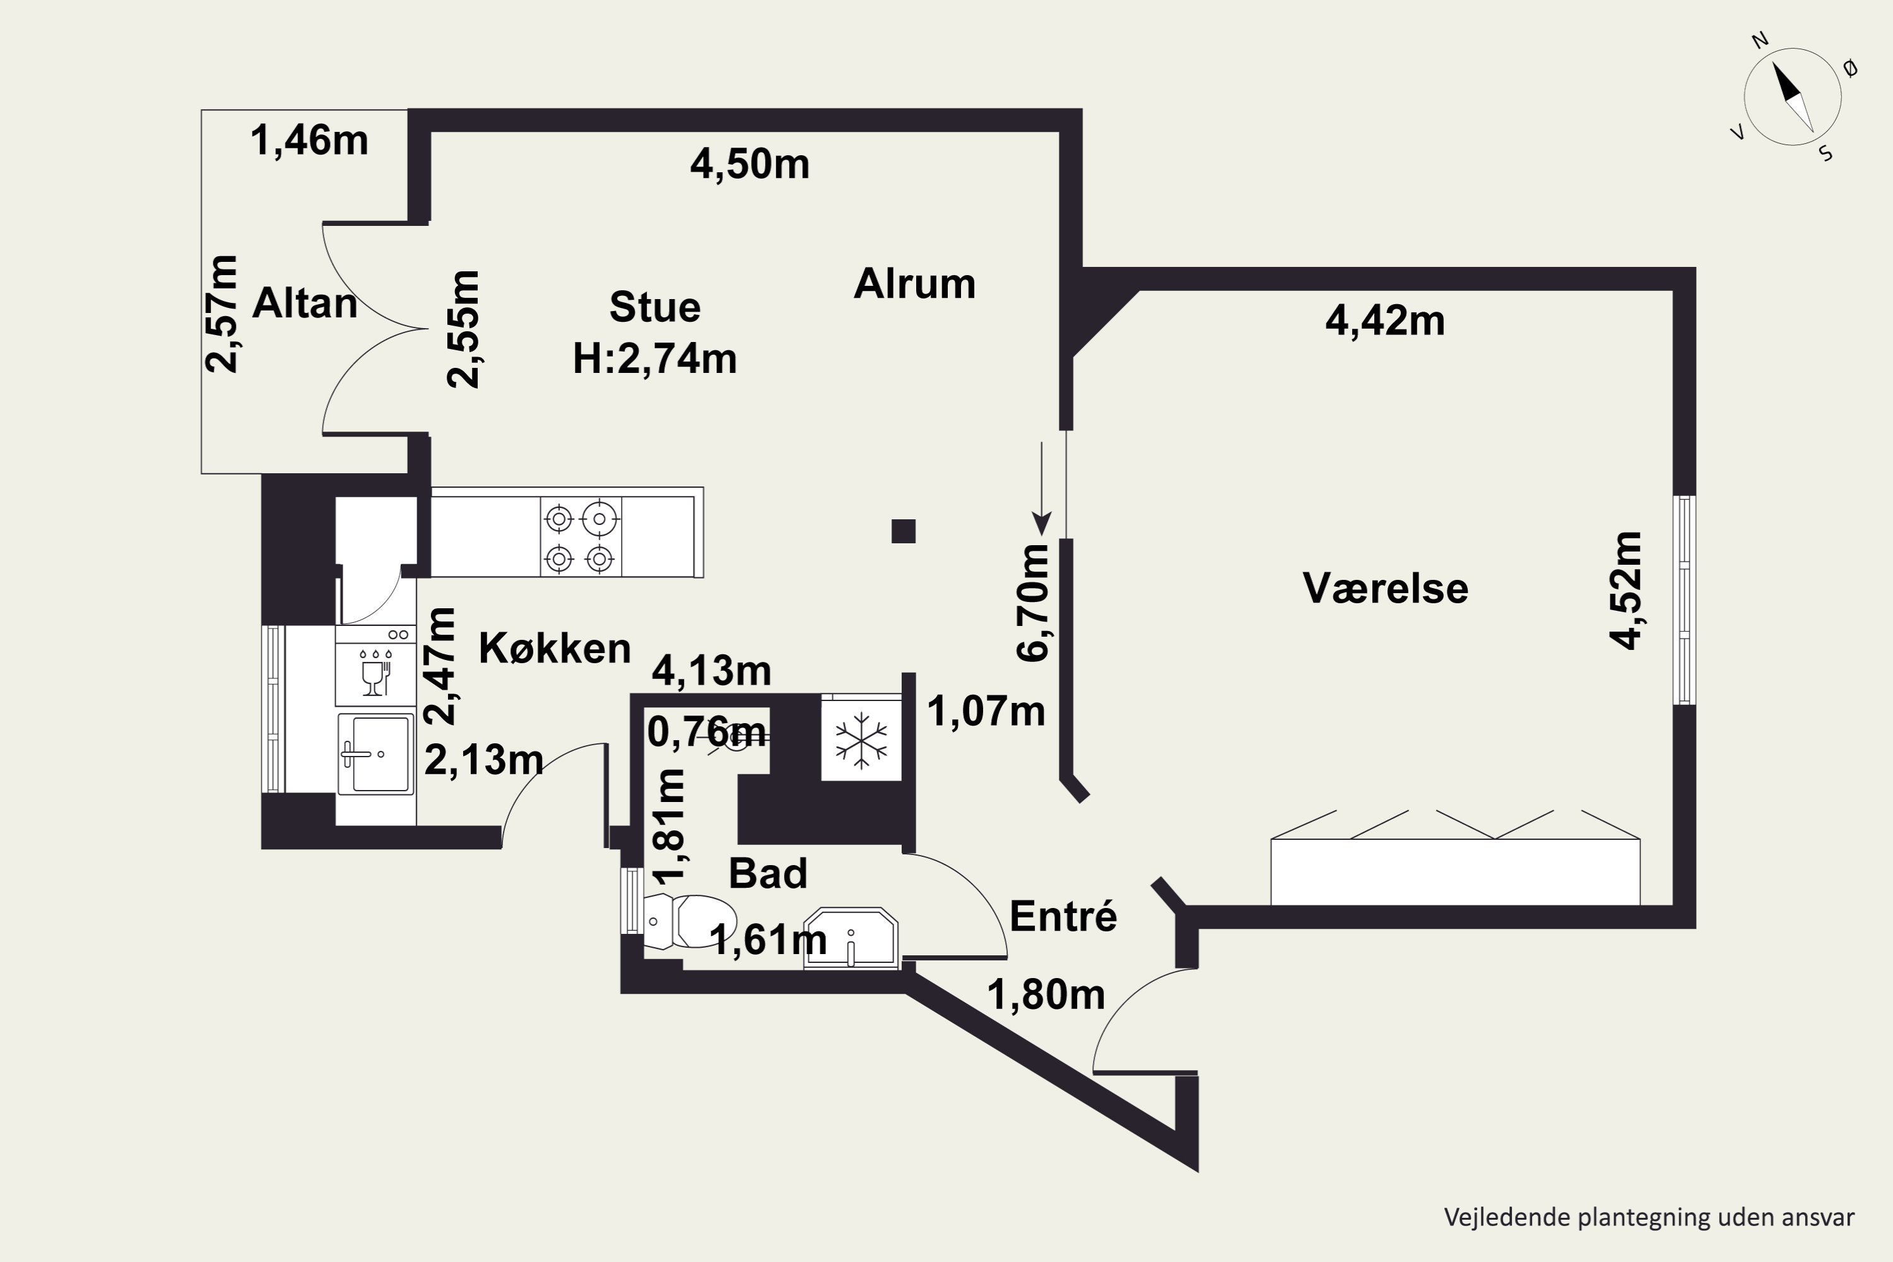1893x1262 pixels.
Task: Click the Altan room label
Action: coord(305,304)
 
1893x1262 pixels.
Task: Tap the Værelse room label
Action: coord(1385,588)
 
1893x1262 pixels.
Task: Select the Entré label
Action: coord(1063,916)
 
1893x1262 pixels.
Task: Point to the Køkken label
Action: coord(555,648)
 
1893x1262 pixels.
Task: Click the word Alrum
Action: coord(914,283)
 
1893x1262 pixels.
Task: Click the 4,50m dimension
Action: coord(750,164)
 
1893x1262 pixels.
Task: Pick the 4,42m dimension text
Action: coord(1385,321)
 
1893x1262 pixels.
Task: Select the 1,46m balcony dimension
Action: coord(310,140)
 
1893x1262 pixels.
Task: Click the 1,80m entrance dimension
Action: coord(1046,995)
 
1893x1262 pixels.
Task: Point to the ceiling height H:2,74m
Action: coord(655,358)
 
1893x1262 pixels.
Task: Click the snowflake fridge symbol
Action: coord(861,740)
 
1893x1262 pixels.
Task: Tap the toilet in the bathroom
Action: coord(690,921)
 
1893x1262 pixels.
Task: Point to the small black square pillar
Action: coord(904,531)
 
